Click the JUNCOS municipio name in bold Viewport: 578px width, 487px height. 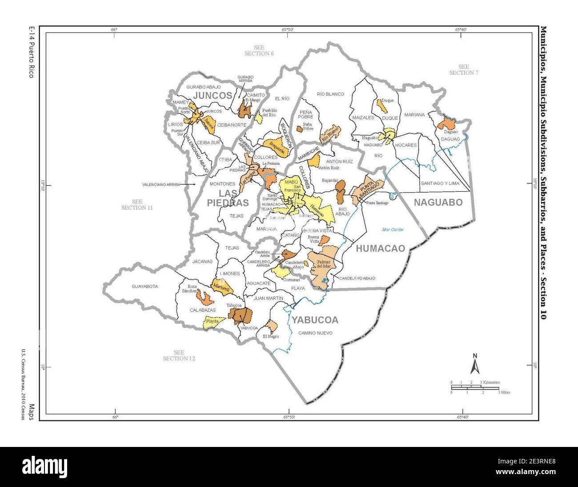[x=213, y=96]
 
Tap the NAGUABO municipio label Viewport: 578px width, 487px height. [x=438, y=203]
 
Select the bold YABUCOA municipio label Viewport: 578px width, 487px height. [x=315, y=320]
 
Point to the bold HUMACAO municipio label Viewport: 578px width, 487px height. [x=381, y=248]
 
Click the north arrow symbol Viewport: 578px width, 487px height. [x=475, y=364]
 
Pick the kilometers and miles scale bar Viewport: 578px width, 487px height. [x=475, y=387]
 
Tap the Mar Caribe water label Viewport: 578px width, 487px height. [x=393, y=230]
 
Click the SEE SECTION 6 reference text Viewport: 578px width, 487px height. [x=259, y=50]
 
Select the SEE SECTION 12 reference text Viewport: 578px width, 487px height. [x=179, y=355]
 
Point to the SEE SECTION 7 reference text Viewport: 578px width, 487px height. [x=463, y=70]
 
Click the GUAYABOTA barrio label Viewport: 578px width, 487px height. [x=144, y=287]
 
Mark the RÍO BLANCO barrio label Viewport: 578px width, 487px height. [x=330, y=94]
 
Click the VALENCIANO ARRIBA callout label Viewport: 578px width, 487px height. [x=163, y=184]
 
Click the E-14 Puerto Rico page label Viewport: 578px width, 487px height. [x=31, y=52]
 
